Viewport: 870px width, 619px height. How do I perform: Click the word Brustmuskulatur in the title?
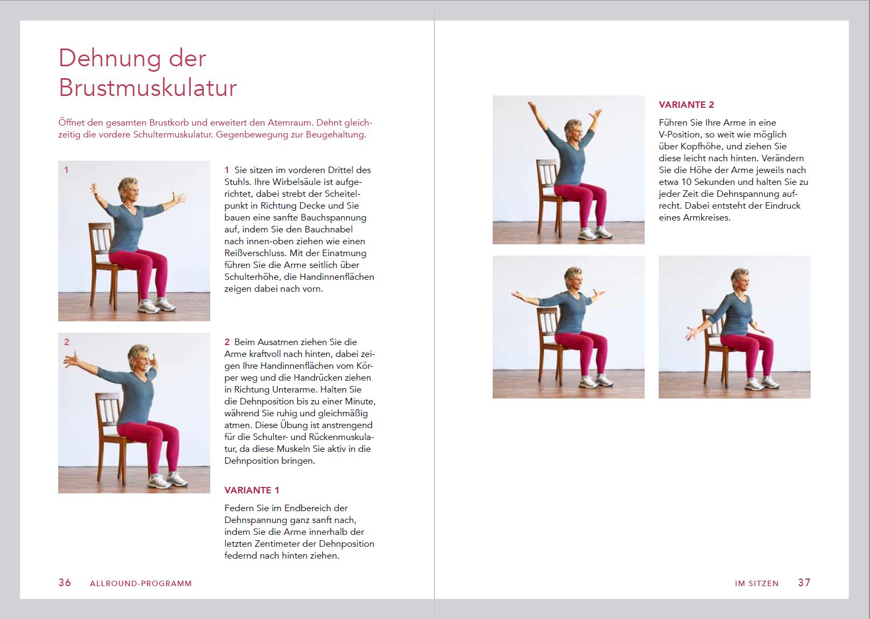coord(148,88)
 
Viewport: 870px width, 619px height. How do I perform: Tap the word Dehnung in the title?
coord(110,59)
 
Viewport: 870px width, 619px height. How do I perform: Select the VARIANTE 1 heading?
coord(252,490)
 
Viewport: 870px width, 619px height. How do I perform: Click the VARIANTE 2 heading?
coord(686,105)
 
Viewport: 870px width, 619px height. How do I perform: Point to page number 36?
coord(65,582)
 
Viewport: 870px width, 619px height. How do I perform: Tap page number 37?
coord(804,582)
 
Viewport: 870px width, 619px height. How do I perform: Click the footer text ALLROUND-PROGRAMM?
coord(141,583)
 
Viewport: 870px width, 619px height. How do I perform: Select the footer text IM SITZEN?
coord(757,583)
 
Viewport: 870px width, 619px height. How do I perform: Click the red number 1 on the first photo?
coord(66,170)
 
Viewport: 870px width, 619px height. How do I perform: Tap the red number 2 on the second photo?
coord(66,342)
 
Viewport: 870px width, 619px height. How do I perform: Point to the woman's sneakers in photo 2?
coord(168,480)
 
